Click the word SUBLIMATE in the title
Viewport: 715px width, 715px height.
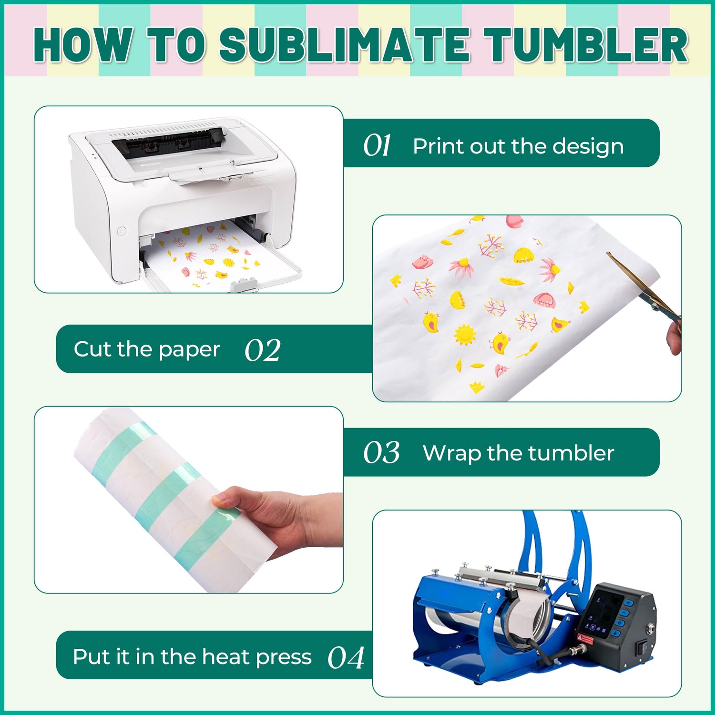coord(344,45)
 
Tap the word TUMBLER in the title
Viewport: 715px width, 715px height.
coord(587,45)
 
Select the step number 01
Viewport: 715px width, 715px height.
coord(377,145)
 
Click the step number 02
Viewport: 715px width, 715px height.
coord(262,350)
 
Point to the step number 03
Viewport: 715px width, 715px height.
coord(381,452)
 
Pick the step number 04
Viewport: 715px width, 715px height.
coord(346,658)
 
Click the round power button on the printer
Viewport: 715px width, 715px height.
coord(121,231)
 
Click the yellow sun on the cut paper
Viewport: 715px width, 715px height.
coord(465,335)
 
